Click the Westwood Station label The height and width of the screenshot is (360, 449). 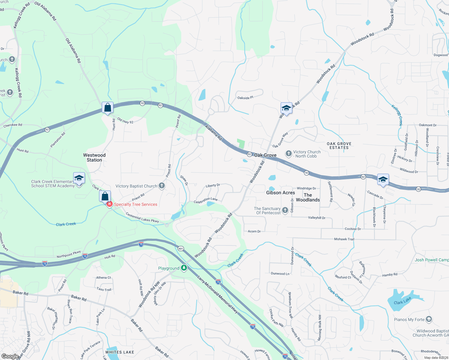click(94, 157)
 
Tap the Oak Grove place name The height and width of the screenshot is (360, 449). click(265, 155)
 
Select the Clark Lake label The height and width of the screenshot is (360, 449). click(402, 301)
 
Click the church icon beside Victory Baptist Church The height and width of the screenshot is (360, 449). click(162, 186)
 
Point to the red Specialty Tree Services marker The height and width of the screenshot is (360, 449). click(110, 204)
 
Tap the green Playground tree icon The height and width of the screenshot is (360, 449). click(184, 268)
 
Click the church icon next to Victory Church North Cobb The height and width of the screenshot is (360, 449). click(288, 154)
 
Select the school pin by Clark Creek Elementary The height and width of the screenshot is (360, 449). click(79, 178)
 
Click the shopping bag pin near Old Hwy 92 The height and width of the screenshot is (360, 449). click(107, 107)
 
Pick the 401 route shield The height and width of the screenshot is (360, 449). click(181, 248)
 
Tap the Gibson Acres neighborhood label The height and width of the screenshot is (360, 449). click(280, 193)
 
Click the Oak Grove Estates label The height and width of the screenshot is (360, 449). click(339, 145)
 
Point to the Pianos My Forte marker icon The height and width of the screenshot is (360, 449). click(429, 319)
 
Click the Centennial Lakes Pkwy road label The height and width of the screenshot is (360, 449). click(142, 217)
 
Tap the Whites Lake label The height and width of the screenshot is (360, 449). click(120, 352)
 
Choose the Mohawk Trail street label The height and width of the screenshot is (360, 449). click(344, 239)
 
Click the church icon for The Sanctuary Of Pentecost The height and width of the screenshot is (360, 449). click(285, 210)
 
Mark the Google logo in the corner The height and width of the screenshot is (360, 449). click(10, 356)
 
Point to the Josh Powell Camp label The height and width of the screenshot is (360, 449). click(432, 260)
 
